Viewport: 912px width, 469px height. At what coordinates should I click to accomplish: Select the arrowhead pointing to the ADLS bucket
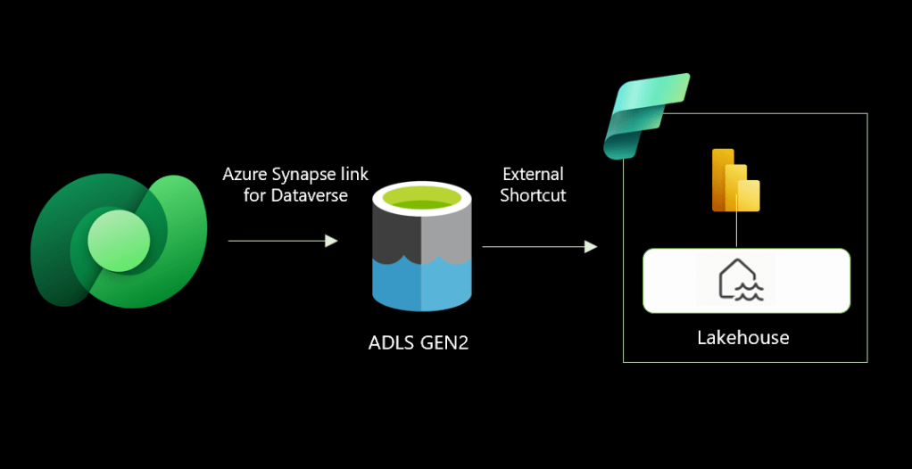click(x=332, y=241)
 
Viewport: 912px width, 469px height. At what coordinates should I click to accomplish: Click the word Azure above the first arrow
click(x=243, y=173)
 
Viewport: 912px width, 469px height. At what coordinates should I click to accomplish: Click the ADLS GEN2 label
click(x=418, y=342)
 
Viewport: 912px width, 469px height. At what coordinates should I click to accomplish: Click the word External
click(x=533, y=174)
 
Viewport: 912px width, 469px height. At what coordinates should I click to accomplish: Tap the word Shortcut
click(x=533, y=194)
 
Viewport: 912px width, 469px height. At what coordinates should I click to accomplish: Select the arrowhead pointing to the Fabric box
click(x=591, y=246)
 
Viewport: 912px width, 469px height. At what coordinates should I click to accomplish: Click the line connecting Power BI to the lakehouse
click(x=736, y=231)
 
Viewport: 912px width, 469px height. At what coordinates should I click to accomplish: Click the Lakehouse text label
click(x=742, y=338)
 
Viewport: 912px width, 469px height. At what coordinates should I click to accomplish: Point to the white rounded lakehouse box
click(x=803, y=281)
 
